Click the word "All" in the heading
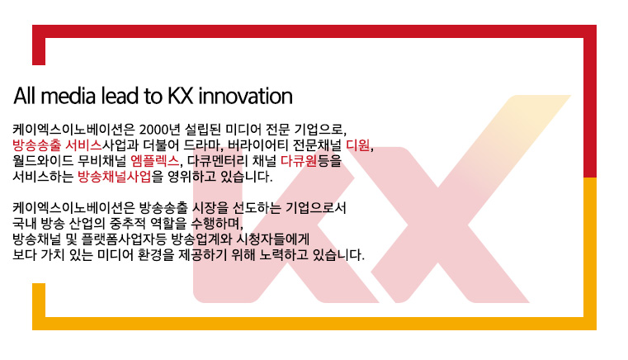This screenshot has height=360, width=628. point(26,96)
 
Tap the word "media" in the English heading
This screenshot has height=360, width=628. point(68,96)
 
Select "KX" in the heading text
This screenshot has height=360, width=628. point(181,96)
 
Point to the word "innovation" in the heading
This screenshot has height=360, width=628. point(246,96)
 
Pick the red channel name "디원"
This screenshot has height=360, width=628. point(358,145)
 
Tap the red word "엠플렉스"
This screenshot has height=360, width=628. point(155,161)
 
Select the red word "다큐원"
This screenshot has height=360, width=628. point(299,161)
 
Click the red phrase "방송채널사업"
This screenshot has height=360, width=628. point(115,177)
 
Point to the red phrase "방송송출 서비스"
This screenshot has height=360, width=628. point(57,145)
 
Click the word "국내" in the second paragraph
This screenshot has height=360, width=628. point(25,223)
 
